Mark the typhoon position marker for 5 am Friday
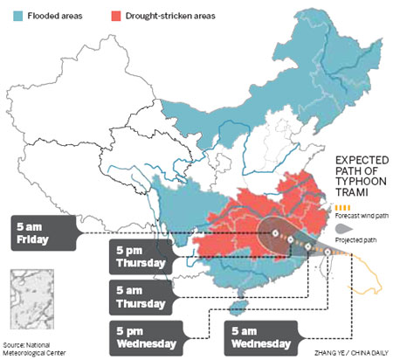(274, 234)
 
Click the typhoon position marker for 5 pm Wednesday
(308, 247)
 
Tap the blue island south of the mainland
(233, 308)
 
